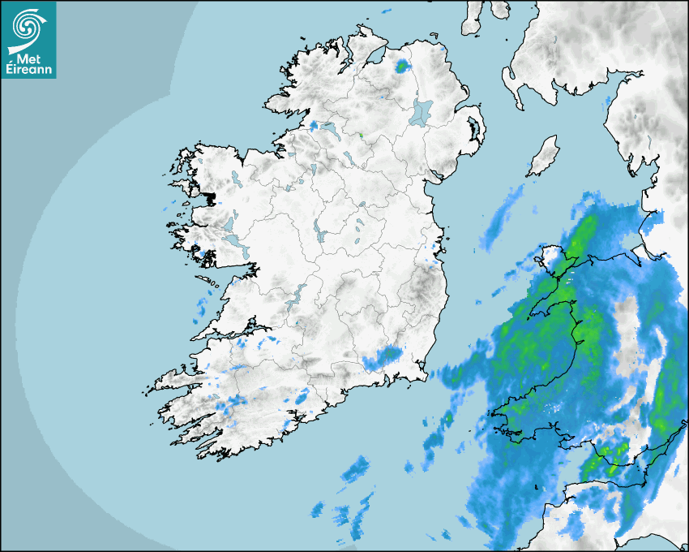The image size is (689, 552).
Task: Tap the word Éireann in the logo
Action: pos(28,70)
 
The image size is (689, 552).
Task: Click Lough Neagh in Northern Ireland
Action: pos(421,111)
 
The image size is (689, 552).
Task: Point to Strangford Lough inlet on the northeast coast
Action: pos(474,129)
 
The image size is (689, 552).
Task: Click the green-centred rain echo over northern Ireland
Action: pos(402,66)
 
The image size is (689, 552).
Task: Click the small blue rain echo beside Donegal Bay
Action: pos(313,126)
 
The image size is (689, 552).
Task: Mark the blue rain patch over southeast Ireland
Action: pos(384,357)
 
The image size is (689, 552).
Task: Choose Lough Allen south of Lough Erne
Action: pos(310,170)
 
